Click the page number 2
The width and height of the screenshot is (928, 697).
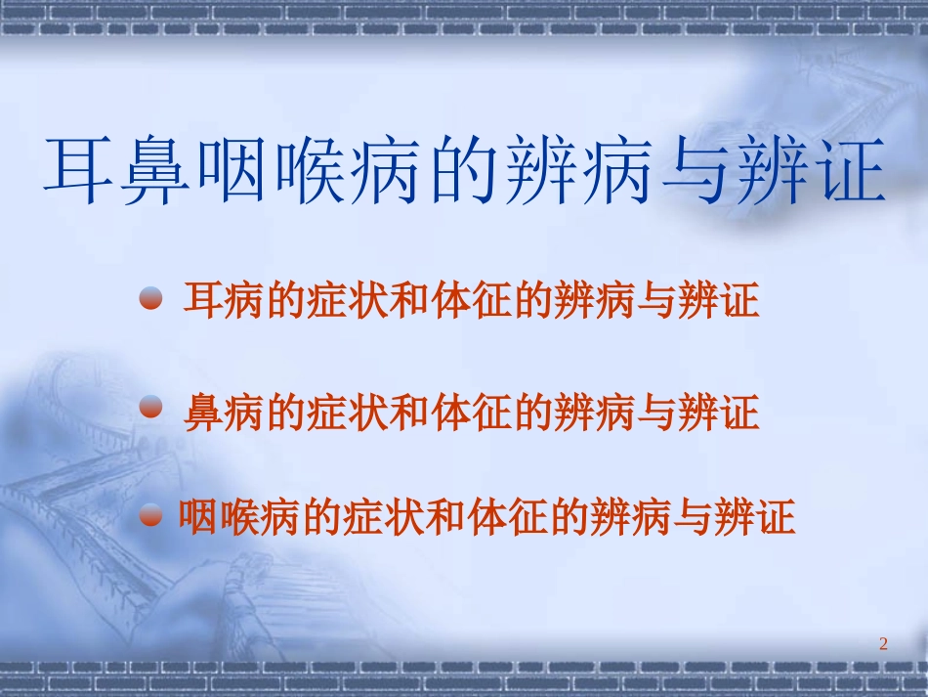click(x=883, y=643)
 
